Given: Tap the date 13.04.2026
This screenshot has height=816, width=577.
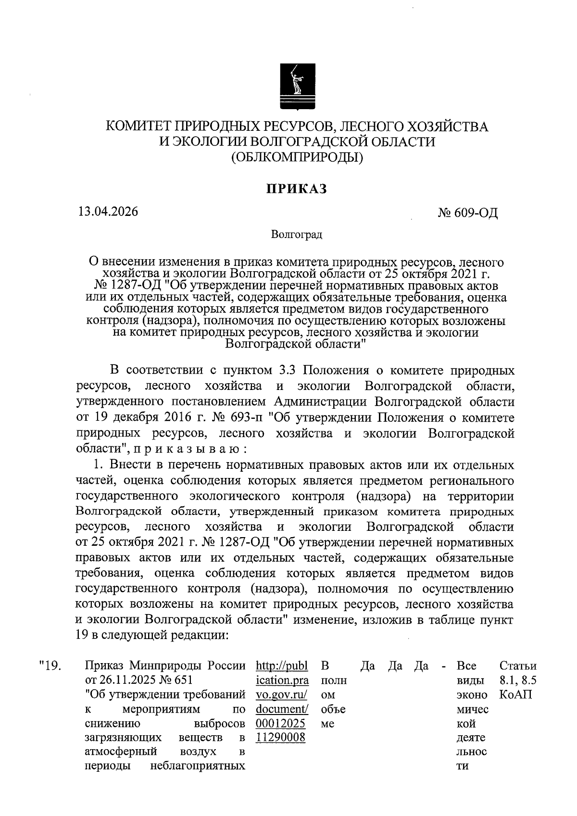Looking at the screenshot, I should tap(108, 212).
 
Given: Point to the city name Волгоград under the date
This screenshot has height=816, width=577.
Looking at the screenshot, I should tap(296, 235).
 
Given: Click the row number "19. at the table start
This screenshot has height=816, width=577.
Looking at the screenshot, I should tap(50, 666).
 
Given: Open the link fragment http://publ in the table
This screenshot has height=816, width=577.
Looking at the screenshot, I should tap(282, 666).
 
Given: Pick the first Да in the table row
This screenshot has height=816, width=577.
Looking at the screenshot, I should tap(367, 666).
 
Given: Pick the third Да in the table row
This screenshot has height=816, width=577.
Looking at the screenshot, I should tap(421, 666).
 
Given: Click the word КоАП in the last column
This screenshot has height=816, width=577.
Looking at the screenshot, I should tap(515, 694).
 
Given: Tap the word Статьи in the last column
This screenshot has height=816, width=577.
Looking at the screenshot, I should tap(518, 666).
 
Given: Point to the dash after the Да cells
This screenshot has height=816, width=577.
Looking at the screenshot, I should tap(443, 666).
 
